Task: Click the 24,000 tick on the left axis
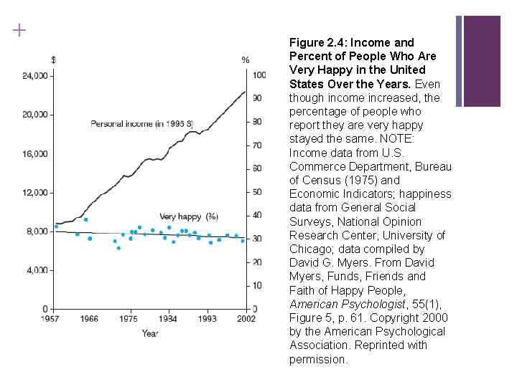[x=35, y=75]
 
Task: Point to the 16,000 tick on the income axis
[x=35, y=153]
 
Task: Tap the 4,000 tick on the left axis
[x=37, y=270]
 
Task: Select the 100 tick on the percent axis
[x=259, y=75]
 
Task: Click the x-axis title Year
[x=149, y=333]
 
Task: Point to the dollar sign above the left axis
[x=55, y=59]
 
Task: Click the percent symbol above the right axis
[x=246, y=59]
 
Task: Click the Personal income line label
[x=141, y=124]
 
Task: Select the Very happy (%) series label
[x=189, y=216]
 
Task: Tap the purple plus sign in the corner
[x=19, y=30]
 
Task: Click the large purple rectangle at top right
[x=491, y=61]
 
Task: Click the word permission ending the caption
[x=318, y=359]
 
